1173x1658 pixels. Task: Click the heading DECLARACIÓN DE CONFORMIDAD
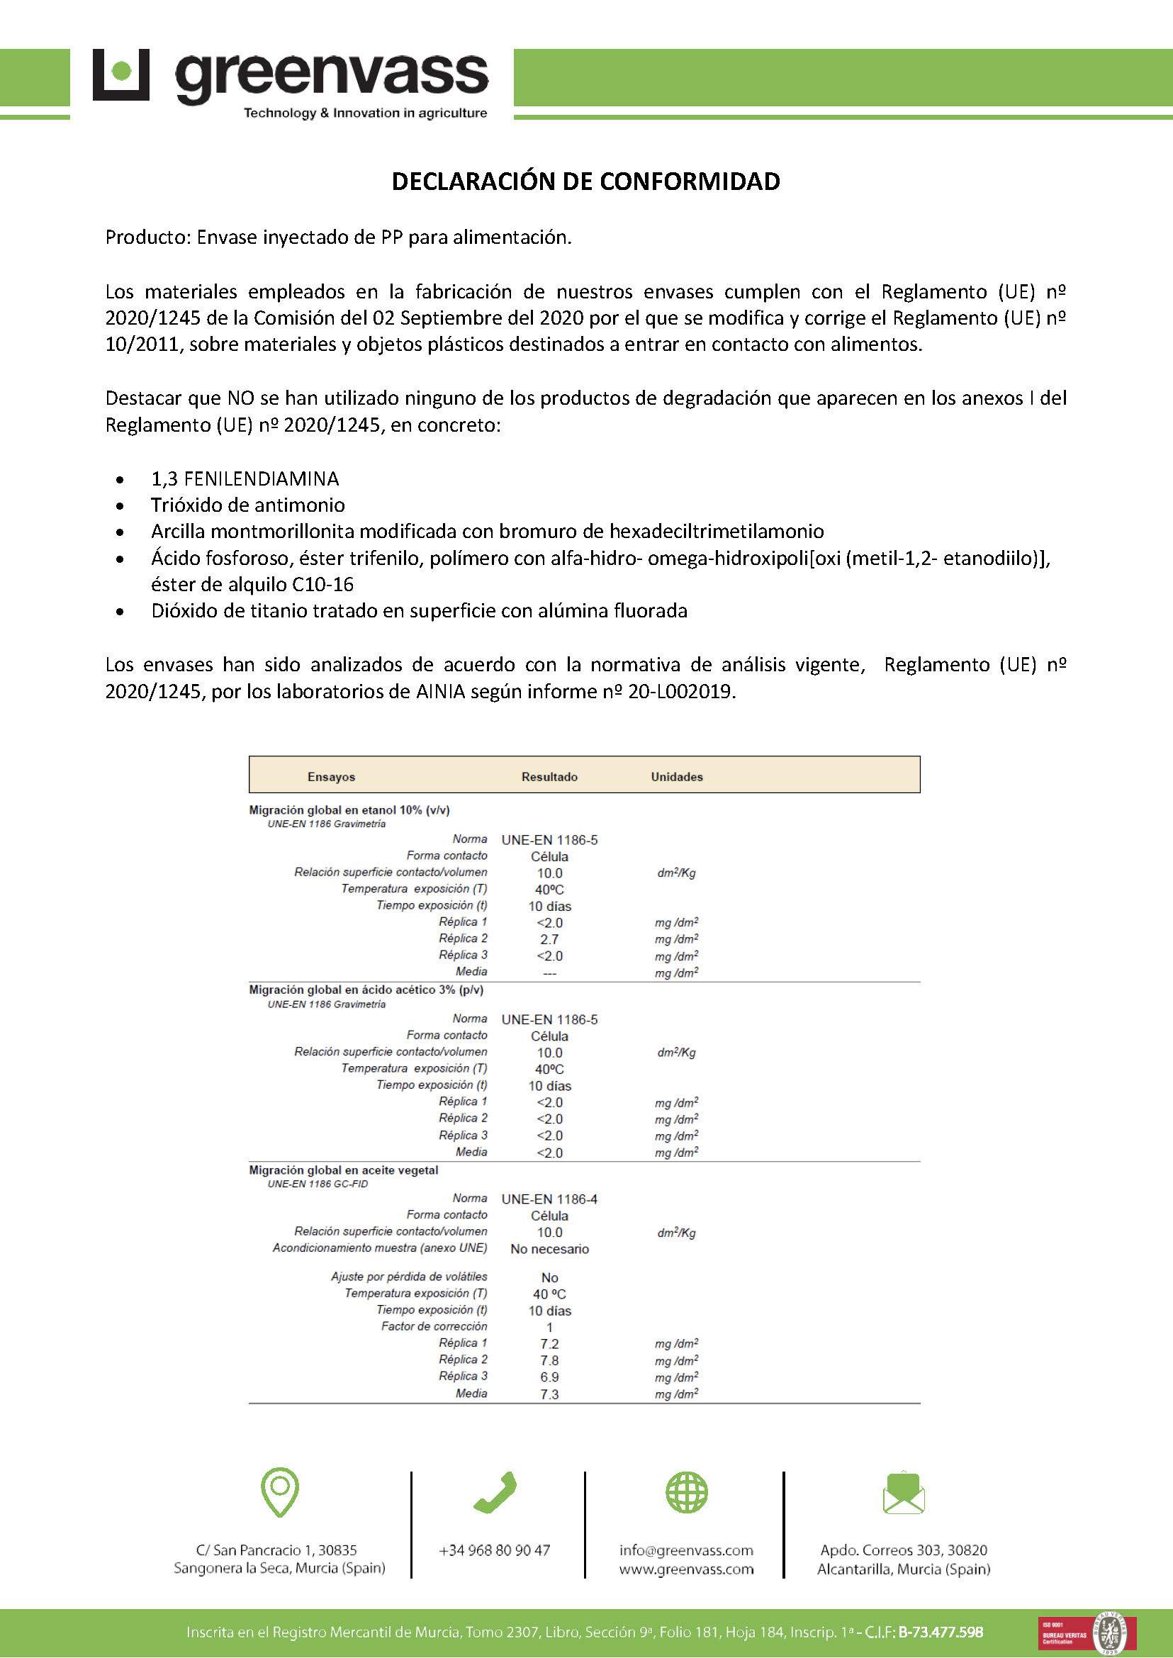585,181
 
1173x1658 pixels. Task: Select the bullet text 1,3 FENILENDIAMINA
245,478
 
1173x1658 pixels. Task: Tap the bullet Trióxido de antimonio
248,505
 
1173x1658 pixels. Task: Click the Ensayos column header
331,777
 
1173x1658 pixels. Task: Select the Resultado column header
549,777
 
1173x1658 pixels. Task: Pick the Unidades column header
676,777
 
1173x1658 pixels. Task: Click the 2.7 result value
549,939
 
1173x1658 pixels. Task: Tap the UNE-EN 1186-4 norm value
549,1199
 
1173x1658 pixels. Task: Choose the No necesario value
549,1249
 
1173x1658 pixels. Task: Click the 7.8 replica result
549,1361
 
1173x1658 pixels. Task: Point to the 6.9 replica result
549,1378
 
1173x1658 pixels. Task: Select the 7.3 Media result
549,1394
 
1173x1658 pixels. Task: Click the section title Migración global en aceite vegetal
343,1170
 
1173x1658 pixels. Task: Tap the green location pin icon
279,1491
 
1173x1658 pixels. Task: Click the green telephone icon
495,1493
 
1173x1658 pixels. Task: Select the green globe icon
686,1493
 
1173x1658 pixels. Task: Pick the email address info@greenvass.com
685,1550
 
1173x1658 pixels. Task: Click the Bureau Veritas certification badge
1087,1632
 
